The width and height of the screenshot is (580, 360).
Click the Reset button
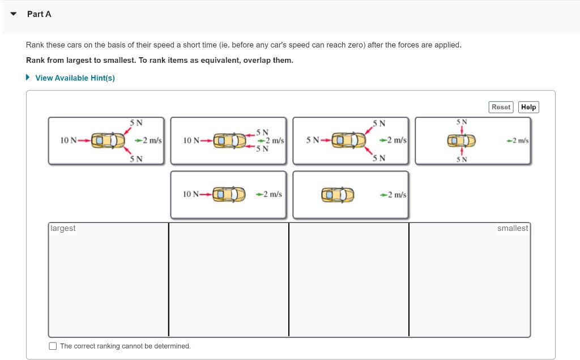(501, 107)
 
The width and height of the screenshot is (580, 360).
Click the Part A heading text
(39, 14)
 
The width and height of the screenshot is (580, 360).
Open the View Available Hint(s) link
(75, 78)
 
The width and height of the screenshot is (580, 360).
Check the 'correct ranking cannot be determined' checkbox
(53, 346)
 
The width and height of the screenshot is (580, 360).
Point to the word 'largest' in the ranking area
(63, 228)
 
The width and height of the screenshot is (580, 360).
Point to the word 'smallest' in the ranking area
(512, 228)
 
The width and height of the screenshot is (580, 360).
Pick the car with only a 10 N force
(229, 195)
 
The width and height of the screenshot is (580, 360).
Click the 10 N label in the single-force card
(191, 194)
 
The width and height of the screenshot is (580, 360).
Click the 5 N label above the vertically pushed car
(462, 122)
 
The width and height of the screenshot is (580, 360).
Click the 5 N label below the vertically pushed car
(462, 159)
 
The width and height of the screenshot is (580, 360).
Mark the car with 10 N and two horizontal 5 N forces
(229, 140)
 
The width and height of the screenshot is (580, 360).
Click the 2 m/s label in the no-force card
(395, 195)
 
